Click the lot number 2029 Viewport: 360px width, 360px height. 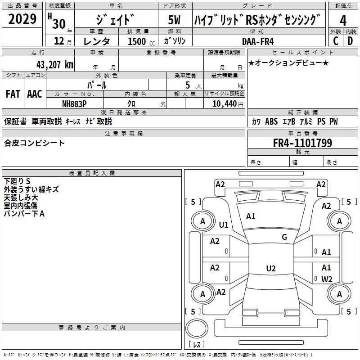tap(22, 19)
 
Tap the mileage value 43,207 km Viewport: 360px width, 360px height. tap(52, 64)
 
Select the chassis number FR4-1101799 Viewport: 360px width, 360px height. tap(302, 143)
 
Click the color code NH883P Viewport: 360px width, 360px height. tap(74, 103)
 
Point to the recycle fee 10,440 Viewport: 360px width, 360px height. tap(223, 103)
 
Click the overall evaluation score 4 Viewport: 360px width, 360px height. tap(343, 20)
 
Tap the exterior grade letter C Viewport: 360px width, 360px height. tap(335, 41)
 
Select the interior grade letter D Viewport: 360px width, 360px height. tap(350, 41)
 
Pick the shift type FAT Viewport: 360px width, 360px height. tap(13, 94)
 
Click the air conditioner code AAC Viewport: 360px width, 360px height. tap(34, 94)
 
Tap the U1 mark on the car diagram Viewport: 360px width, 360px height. tap(224, 225)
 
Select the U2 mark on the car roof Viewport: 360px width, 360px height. tap(270, 269)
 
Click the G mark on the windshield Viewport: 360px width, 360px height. tap(284, 237)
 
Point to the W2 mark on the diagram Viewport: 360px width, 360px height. tap(327, 279)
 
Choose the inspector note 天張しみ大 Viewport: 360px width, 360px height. tap(21, 198)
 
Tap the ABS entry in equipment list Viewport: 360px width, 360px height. tap(271, 121)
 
